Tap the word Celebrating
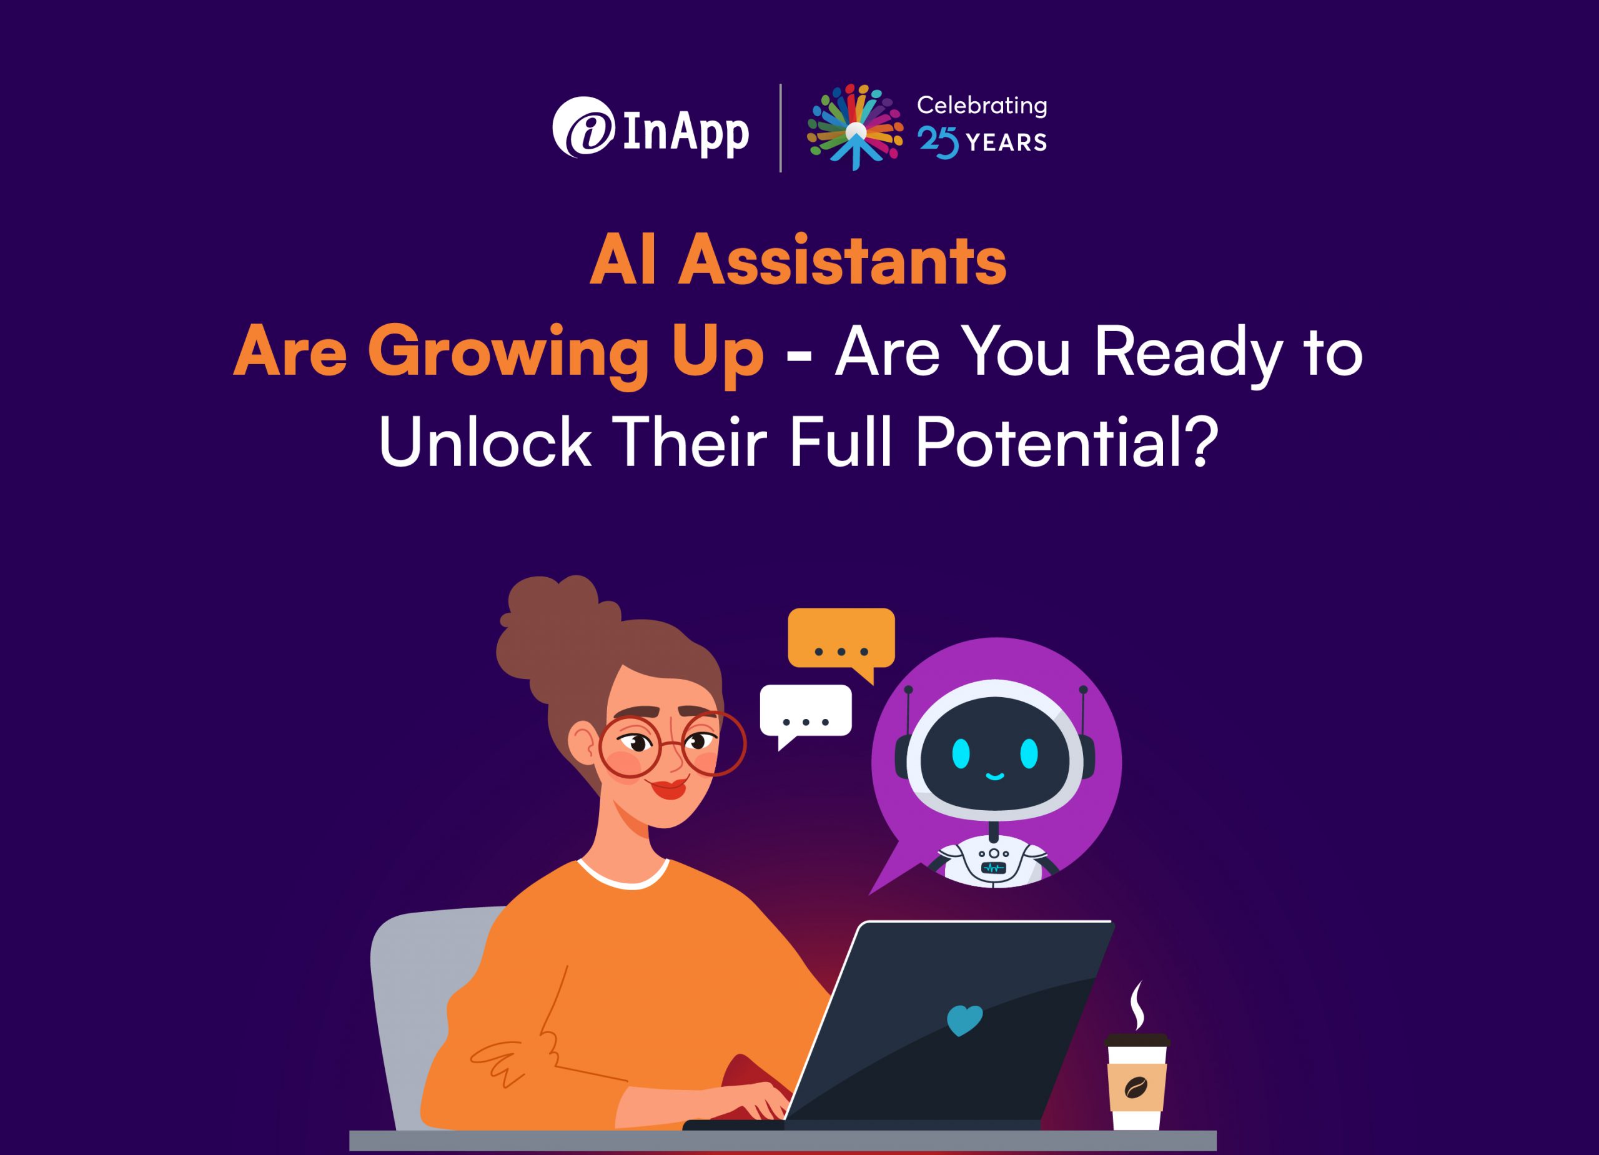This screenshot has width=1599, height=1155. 981,106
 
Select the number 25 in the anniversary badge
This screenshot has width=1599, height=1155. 938,143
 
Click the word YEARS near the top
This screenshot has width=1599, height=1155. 1006,142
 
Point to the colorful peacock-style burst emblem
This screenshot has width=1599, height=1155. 854,127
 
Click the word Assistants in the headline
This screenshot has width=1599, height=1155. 842,262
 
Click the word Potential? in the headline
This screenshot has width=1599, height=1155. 1067,442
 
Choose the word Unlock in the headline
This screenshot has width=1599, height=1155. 485,442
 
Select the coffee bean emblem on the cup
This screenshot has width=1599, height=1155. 1135,1088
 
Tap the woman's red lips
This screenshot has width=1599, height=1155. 669,788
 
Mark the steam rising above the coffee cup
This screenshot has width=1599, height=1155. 1137,1005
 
